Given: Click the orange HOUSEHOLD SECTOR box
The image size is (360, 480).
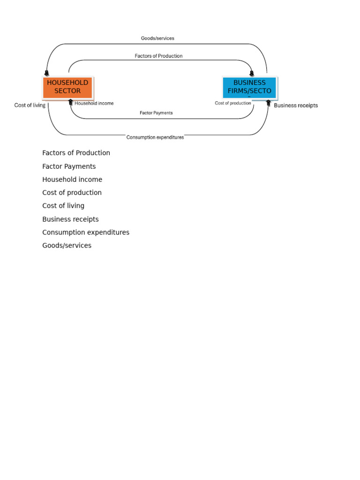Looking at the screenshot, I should click(x=67, y=87).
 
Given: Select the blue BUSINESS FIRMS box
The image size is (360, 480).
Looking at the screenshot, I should click(x=249, y=87).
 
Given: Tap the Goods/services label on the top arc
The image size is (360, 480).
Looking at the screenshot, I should click(x=157, y=38).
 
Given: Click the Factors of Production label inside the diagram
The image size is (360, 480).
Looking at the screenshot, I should click(x=158, y=56).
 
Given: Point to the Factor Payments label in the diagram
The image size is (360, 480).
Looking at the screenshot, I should click(x=156, y=113).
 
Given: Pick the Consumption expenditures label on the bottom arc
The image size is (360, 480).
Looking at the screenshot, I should click(x=155, y=137).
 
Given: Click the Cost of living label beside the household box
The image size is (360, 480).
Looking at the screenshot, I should click(x=30, y=105).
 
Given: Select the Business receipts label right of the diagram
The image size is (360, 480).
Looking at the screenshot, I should click(x=296, y=105).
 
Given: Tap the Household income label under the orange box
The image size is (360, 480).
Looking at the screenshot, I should click(x=94, y=103).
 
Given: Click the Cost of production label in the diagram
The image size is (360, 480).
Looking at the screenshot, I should click(x=233, y=103).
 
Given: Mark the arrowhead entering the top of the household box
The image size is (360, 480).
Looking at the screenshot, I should click(x=46, y=73).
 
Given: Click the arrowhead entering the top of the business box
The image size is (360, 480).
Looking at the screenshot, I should click(x=252, y=73).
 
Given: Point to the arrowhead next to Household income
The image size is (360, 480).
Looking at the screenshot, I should click(x=71, y=102).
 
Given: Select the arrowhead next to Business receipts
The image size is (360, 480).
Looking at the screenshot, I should click(x=269, y=102).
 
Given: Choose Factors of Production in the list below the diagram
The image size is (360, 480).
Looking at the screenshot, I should click(x=76, y=153).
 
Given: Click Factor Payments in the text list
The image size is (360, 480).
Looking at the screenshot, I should click(x=69, y=166).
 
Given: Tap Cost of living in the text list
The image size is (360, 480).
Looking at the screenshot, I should click(x=63, y=206).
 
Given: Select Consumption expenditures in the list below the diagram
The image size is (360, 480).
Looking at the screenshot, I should click(x=86, y=232).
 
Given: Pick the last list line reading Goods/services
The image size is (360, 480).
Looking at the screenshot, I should click(x=67, y=246).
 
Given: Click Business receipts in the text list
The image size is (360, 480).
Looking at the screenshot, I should click(x=70, y=219).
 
